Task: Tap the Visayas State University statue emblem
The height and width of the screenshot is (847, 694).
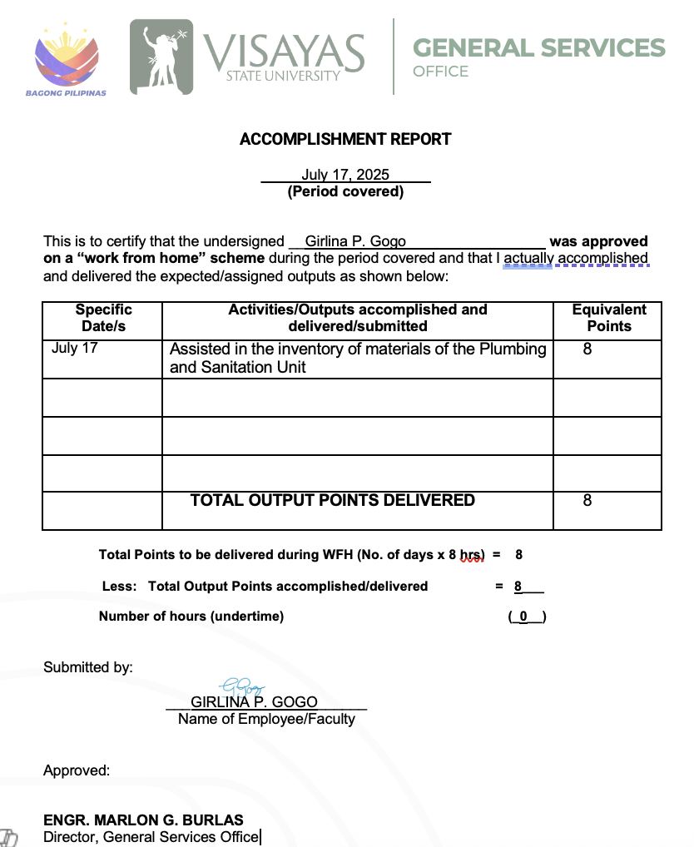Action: pos(161,57)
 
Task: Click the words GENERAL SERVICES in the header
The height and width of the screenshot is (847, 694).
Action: pos(539,47)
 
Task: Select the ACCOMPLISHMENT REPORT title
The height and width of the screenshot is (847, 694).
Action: pos(345,139)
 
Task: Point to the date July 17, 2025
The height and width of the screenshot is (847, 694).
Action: pos(345,175)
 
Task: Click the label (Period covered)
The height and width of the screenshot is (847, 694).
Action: pos(345,192)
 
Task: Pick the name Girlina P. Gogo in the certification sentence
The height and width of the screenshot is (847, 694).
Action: pos(355,241)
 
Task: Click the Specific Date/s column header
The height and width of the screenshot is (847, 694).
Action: pos(103,318)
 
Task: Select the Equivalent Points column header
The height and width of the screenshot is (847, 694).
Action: pos(609,318)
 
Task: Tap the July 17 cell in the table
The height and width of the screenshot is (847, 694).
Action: pos(74,348)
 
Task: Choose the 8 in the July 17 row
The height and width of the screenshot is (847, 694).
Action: pos(587,349)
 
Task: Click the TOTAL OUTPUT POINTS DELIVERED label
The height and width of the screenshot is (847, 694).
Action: pos(333,500)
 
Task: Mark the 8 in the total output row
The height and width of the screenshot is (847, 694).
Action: pos(587,501)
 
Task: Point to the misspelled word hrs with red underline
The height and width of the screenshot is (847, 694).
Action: pos(472,555)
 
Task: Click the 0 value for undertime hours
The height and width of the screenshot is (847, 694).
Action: pos(523,617)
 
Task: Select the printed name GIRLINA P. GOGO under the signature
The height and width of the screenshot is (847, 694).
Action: pos(254,701)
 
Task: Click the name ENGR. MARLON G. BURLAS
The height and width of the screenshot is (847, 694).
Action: pos(143,820)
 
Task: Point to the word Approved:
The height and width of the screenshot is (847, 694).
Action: pos(77,770)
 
